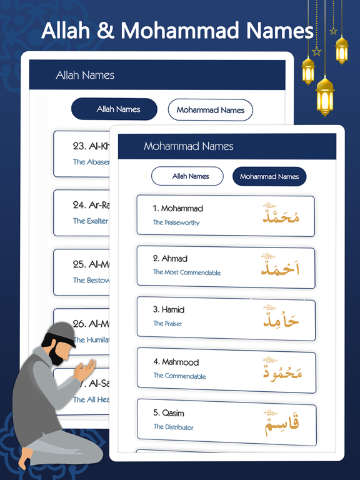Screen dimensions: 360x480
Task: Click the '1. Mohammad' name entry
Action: pos(178,209)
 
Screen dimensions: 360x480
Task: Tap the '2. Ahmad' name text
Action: pos(170,259)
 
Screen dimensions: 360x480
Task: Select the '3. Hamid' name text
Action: pos(169,310)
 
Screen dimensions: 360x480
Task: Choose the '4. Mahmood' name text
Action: pos(176,362)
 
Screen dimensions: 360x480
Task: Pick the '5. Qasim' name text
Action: pos(169,413)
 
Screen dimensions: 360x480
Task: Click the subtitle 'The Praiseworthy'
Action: pos(176,222)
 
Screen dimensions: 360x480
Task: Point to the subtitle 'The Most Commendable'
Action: pos(187,272)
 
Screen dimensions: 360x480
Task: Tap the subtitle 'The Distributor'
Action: pos(174,427)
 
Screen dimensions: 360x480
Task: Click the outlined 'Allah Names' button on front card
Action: pos(187,176)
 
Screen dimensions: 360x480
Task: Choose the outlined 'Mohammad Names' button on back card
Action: pos(210,110)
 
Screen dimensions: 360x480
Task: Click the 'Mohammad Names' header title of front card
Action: pos(189,146)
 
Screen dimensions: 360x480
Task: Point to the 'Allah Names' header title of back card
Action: pos(85,76)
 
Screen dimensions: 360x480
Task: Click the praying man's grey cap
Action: pos(64,330)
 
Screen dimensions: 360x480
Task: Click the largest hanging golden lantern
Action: pos(325,94)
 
